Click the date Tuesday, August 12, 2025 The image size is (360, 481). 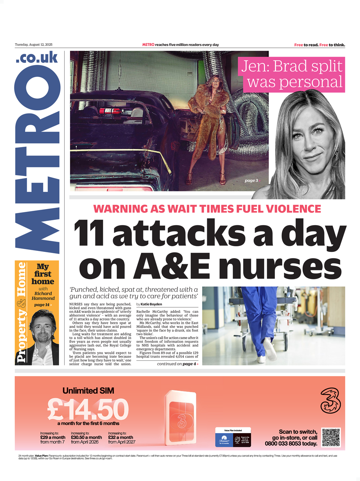[x=33, y=45]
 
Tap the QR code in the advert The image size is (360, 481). [x=331, y=437]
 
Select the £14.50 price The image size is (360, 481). [x=88, y=410]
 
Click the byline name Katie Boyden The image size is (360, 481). [x=151, y=304]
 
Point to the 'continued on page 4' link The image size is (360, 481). [x=178, y=364]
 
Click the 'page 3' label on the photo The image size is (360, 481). [x=251, y=181]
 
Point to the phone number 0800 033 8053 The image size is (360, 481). [x=291, y=444]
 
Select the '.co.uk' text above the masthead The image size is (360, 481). [x=37, y=57]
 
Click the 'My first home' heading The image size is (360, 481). [x=43, y=274]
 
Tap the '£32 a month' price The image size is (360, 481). [x=121, y=437]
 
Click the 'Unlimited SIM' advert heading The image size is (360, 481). [x=88, y=391]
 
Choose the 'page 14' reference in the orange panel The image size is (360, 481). [x=42, y=305]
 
